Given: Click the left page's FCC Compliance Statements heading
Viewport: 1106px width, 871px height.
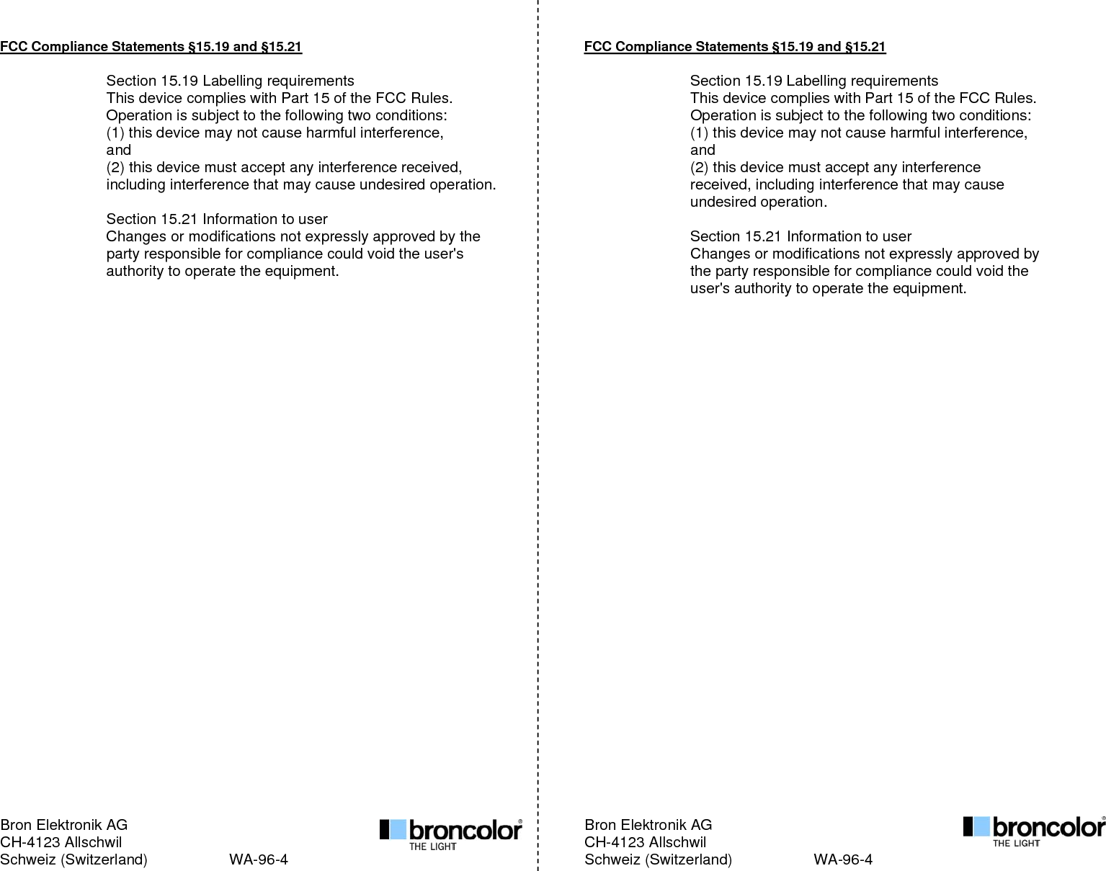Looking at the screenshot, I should click(x=151, y=47).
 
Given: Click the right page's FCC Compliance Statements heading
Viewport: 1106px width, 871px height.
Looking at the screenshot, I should click(x=734, y=47).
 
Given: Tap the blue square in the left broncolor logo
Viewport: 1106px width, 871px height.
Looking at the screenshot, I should click(x=398, y=829).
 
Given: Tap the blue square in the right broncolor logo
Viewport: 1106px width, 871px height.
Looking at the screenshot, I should click(x=981, y=826).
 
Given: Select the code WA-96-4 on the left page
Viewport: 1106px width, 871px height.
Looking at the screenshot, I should click(x=259, y=859).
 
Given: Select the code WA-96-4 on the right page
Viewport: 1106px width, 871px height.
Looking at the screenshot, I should click(x=843, y=859).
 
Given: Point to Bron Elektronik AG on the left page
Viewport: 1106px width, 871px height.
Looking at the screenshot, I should click(x=64, y=825).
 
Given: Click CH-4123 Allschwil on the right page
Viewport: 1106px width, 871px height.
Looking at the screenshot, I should click(x=645, y=842).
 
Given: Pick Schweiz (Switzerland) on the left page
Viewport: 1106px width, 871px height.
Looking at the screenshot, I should click(x=73, y=859).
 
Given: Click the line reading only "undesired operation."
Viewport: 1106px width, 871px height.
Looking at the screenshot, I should click(x=758, y=202).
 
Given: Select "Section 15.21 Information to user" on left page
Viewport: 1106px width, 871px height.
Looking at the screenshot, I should click(x=217, y=219).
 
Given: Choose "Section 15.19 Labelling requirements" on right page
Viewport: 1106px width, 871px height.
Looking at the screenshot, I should click(x=814, y=81).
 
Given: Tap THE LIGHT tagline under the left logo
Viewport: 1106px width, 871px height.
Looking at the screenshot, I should click(x=432, y=847).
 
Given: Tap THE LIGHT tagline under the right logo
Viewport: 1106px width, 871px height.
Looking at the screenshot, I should click(x=1016, y=843).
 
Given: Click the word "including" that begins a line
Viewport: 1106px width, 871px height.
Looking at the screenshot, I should click(x=135, y=185).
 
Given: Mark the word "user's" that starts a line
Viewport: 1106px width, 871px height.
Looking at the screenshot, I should click(x=710, y=289).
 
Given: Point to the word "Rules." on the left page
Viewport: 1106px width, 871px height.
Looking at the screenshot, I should click(x=431, y=99).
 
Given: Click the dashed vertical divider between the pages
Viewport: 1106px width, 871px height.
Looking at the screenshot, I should click(x=538, y=432).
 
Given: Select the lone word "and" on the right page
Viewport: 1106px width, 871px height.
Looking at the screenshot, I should click(x=703, y=151).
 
